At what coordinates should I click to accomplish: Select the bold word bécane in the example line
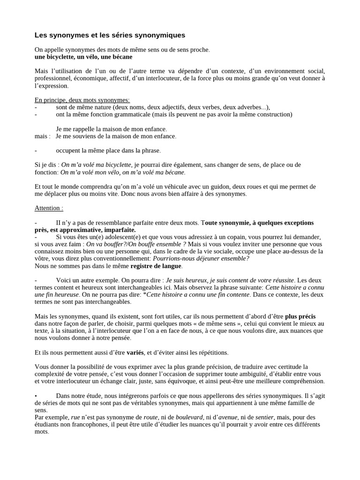tap(121, 57)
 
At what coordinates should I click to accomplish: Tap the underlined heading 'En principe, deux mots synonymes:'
tap(82, 100)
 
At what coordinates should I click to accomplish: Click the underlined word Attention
tap(48, 208)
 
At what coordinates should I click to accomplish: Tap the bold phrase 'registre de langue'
tap(156, 266)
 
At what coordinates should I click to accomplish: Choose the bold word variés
tap(135, 352)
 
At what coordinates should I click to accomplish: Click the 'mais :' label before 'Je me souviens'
tap(43, 136)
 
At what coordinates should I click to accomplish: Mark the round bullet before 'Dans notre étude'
tap(36, 396)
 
